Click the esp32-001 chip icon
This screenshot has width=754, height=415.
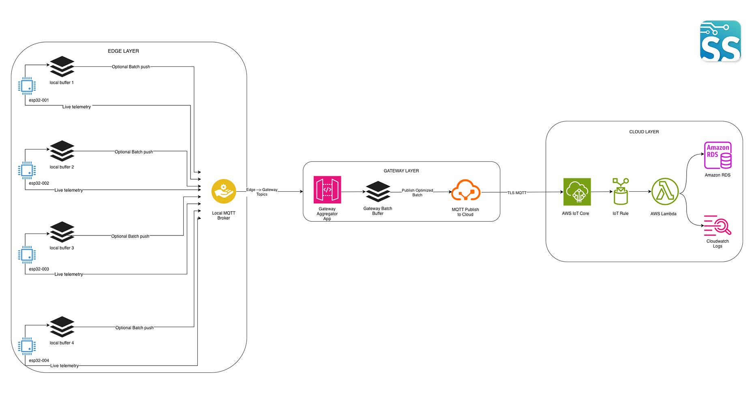(x=27, y=86)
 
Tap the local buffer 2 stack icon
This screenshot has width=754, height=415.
(x=62, y=151)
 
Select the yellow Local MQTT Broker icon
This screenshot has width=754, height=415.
(x=224, y=191)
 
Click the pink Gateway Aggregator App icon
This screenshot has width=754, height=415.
(x=327, y=190)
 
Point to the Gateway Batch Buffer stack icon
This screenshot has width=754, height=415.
(x=378, y=191)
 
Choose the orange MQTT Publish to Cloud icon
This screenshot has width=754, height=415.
(x=465, y=190)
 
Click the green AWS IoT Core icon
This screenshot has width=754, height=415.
(x=577, y=192)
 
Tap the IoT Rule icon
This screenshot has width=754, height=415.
(x=621, y=192)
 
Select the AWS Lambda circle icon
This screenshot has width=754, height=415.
(x=665, y=192)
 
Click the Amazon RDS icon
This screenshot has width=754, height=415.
(x=718, y=155)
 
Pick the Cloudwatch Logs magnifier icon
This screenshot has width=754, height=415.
(x=718, y=226)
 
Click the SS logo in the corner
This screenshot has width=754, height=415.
(x=720, y=41)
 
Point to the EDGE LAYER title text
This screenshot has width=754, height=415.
(x=123, y=51)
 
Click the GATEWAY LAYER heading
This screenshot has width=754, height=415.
(x=401, y=171)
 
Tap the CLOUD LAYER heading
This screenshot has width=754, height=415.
(x=644, y=132)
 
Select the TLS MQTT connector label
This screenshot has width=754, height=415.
(x=517, y=193)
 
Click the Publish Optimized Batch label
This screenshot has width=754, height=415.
(x=417, y=193)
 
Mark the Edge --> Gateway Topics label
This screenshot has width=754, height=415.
(x=262, y=192)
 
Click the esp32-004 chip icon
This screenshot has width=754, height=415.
(x=27, y=347)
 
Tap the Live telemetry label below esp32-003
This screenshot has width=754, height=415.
(x=69, y=274)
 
